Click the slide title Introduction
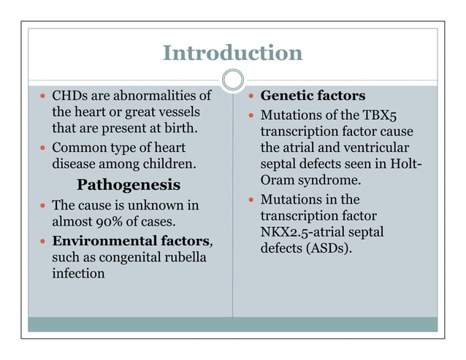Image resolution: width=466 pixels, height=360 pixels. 232,53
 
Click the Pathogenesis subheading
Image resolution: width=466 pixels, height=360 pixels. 129,183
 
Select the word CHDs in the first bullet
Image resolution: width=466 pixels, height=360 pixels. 69,96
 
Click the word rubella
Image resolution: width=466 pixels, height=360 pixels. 187,257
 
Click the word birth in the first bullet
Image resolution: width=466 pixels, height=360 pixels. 179,129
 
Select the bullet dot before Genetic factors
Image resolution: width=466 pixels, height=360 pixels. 251,96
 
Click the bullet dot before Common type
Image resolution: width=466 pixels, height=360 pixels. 42,147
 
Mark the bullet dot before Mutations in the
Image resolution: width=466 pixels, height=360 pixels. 251,199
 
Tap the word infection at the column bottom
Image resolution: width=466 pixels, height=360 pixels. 78,274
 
